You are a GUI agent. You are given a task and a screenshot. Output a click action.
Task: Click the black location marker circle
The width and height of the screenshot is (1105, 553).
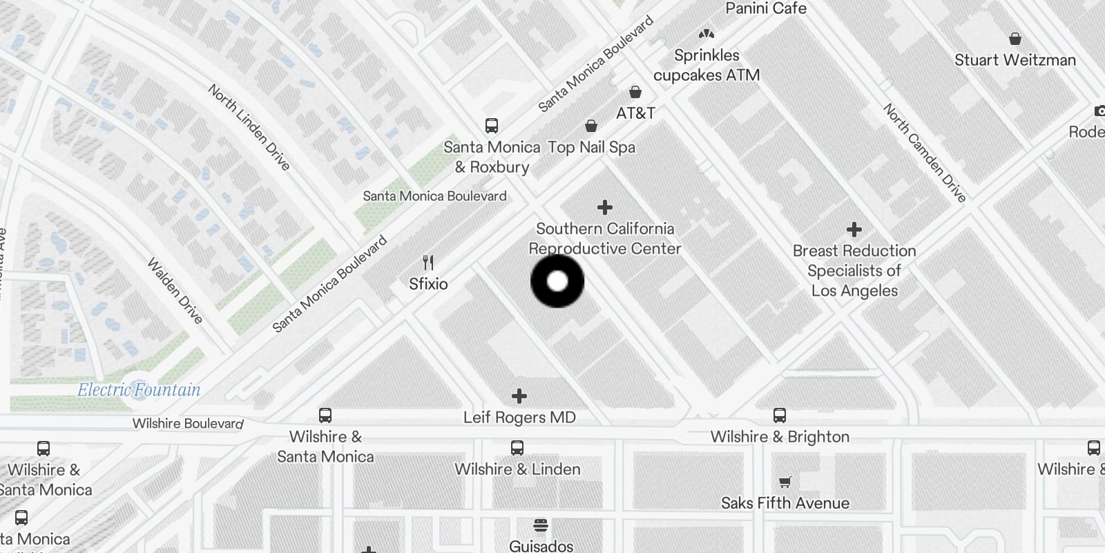pos(557,281)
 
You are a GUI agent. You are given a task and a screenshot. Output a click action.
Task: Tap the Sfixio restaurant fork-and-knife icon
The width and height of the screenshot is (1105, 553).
pos(428,263)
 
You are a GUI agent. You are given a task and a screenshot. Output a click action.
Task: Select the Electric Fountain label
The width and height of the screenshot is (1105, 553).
pos(139,390)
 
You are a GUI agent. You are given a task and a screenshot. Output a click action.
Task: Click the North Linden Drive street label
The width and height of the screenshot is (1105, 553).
pos(249,127)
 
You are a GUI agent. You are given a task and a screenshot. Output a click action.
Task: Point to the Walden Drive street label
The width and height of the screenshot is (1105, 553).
pos(175,291)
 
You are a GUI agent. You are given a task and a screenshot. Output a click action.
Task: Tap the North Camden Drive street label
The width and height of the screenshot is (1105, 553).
pos(924,153)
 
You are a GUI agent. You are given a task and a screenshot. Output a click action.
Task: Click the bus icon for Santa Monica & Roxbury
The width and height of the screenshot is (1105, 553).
pos(492,126)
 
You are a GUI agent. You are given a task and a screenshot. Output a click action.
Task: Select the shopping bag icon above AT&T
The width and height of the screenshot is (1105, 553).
pos(635,92)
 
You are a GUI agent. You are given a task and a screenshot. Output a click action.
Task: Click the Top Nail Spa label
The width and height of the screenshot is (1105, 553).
pos(591,147)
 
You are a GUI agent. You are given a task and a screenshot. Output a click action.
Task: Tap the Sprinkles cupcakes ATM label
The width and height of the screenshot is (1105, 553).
pos(707,65)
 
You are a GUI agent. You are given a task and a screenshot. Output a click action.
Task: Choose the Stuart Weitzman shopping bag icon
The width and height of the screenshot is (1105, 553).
pos(1015,39)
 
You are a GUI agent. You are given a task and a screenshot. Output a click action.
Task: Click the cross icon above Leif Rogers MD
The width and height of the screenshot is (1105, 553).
pos(519,396)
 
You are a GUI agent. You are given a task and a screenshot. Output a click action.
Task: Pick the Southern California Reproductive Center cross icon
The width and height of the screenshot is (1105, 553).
pos(605,207)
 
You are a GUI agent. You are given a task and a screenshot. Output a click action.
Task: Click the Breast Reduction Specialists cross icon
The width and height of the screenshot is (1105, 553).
pos(854,229)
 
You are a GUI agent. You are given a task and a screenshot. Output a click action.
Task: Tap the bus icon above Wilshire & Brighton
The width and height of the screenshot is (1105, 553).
pos(780,415)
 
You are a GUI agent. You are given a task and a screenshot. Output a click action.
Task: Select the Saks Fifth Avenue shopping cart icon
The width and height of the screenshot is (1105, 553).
pos(785,482)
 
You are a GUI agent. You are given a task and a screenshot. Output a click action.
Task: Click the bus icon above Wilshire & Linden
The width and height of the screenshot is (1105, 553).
pos(517,448)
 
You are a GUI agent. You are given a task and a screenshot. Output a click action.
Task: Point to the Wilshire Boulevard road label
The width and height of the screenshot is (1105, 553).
pos(188,423)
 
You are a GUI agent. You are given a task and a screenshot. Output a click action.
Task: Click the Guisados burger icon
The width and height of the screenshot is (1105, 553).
pos(541,525)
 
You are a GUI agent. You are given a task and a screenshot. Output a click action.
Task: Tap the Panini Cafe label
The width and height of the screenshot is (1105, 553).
pos(766,8)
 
